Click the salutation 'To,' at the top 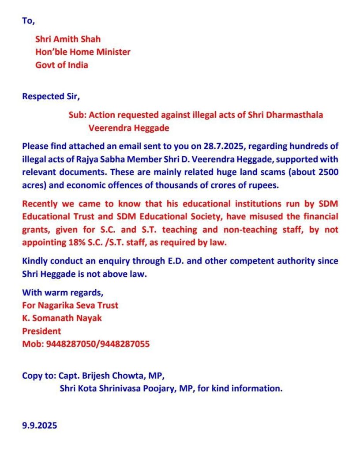(28, 21)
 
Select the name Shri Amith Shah (68, 39)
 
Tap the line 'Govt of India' (62, 65)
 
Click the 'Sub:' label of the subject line (77, 115)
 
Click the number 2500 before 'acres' (329, 172)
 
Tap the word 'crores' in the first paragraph (217, 185)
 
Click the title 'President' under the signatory (41, 331)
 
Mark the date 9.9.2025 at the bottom (40, 426)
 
